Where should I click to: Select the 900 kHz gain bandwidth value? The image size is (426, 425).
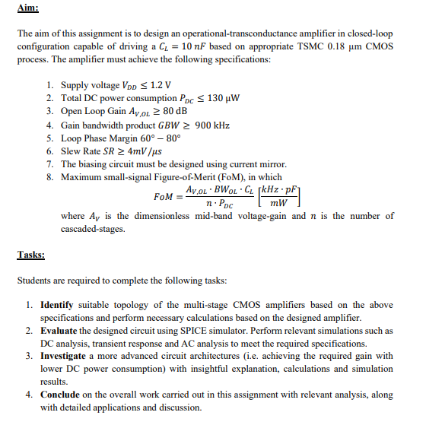(212, 125)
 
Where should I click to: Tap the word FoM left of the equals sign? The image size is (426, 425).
(164, 197)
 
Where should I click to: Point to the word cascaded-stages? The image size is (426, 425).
(92, 228)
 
